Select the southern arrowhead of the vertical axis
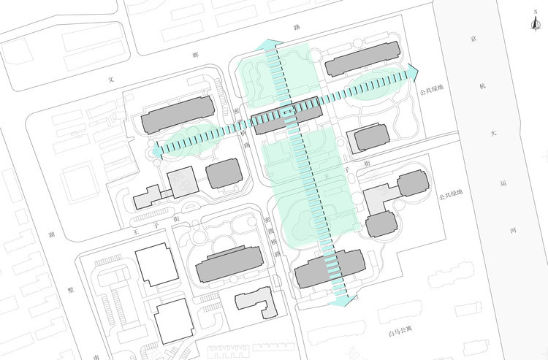[343, 298]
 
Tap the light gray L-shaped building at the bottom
[256, 302]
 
